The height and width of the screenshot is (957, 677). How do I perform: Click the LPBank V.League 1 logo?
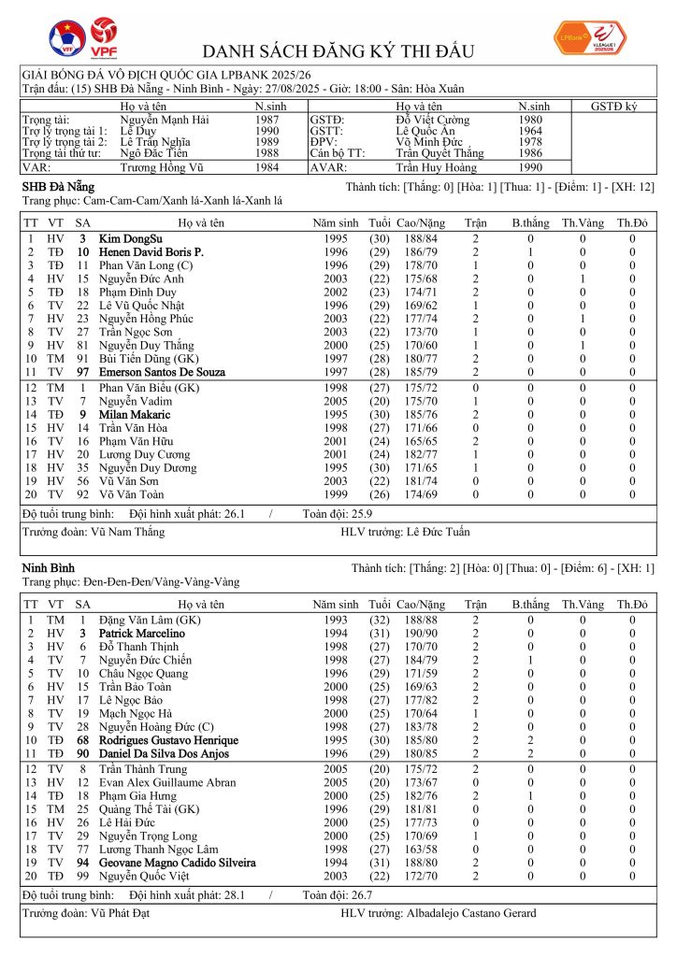point(593,36)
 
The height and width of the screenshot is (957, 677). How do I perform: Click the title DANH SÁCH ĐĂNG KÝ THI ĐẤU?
point(338,50)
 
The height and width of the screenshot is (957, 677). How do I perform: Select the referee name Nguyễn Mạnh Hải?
point(165,120)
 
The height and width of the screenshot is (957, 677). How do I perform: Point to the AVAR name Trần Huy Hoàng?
point(435,167)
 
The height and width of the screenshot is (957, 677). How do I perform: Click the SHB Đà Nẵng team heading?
point(58,187)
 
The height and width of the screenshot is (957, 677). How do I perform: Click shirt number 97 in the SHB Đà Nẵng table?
point(82,372)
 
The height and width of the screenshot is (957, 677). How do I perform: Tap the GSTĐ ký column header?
point(613,107)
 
